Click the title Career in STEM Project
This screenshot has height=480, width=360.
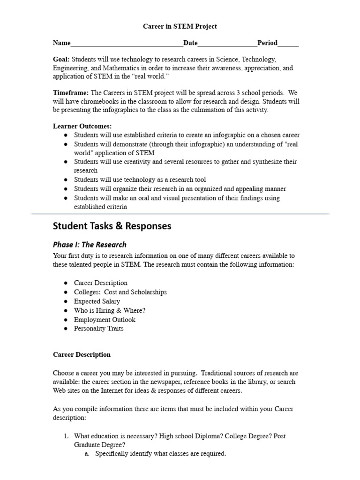180,27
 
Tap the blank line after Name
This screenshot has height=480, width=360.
127,44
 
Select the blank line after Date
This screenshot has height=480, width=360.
227,44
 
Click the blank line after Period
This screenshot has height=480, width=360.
288,44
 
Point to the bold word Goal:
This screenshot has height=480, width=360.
61,60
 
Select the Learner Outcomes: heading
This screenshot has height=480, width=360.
82,126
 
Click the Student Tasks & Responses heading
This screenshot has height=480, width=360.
112,226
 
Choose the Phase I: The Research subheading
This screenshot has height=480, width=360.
90,244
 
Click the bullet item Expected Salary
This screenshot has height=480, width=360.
97,301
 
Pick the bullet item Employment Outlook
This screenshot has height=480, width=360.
105,320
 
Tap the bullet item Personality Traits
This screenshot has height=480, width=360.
99,329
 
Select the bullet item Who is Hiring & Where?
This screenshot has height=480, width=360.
110,310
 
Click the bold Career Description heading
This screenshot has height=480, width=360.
82,355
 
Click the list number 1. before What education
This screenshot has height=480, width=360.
66,436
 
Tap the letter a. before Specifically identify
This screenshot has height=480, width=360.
87,454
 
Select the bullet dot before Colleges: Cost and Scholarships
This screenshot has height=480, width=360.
66,292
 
